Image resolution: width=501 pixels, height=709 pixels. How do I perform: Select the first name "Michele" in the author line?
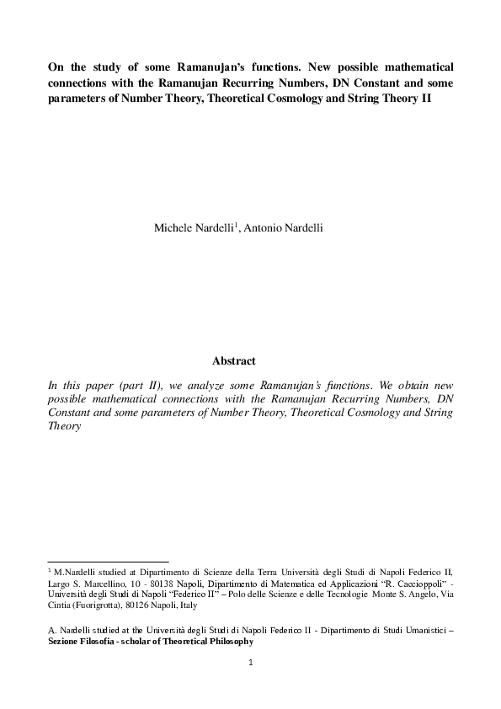point(173,228)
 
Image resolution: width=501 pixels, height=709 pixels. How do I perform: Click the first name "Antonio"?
point(269,228)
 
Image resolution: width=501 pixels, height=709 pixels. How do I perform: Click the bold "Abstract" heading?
point(233,361)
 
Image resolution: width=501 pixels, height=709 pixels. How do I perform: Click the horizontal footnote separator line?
point(109,560)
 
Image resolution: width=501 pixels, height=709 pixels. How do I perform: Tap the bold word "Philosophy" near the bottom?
point(227,641)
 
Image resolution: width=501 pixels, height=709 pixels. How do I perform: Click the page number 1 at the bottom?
point(250,663)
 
